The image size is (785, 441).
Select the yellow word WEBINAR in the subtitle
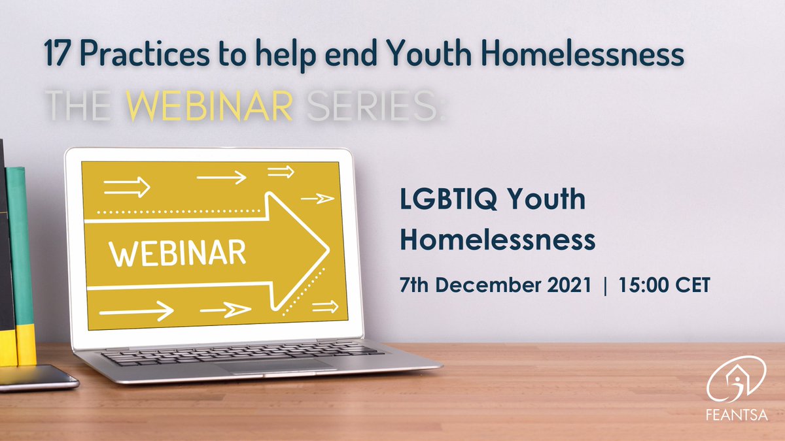coord(209,105)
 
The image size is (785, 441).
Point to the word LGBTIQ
coord(445,201)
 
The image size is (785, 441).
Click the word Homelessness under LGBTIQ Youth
coord(497,240)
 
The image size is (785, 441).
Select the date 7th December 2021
coord(495,286)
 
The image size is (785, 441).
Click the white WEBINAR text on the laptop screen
coord(177,252)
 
